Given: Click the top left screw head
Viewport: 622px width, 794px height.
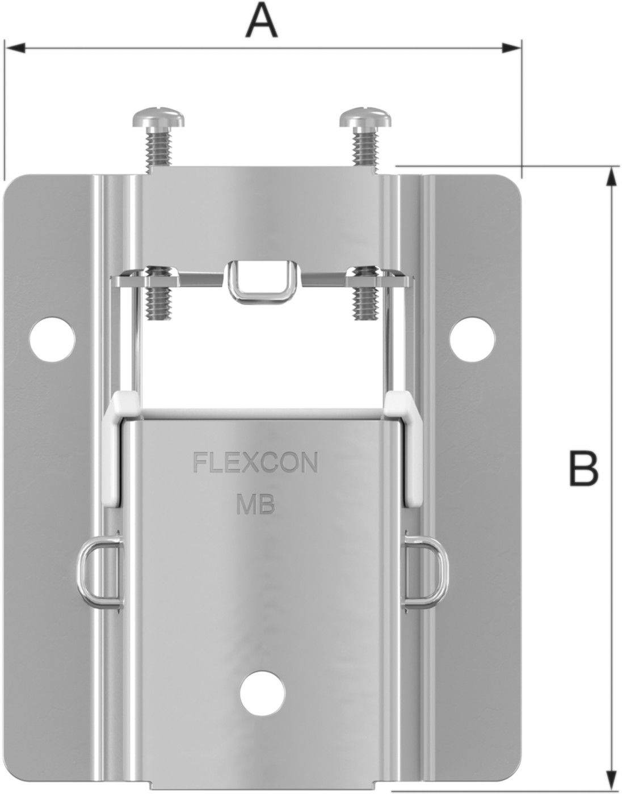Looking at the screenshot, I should pyautogui.click(x=158, y=119).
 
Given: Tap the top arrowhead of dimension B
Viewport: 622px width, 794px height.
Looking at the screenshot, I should pyautogui.click(x=611, y=176).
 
